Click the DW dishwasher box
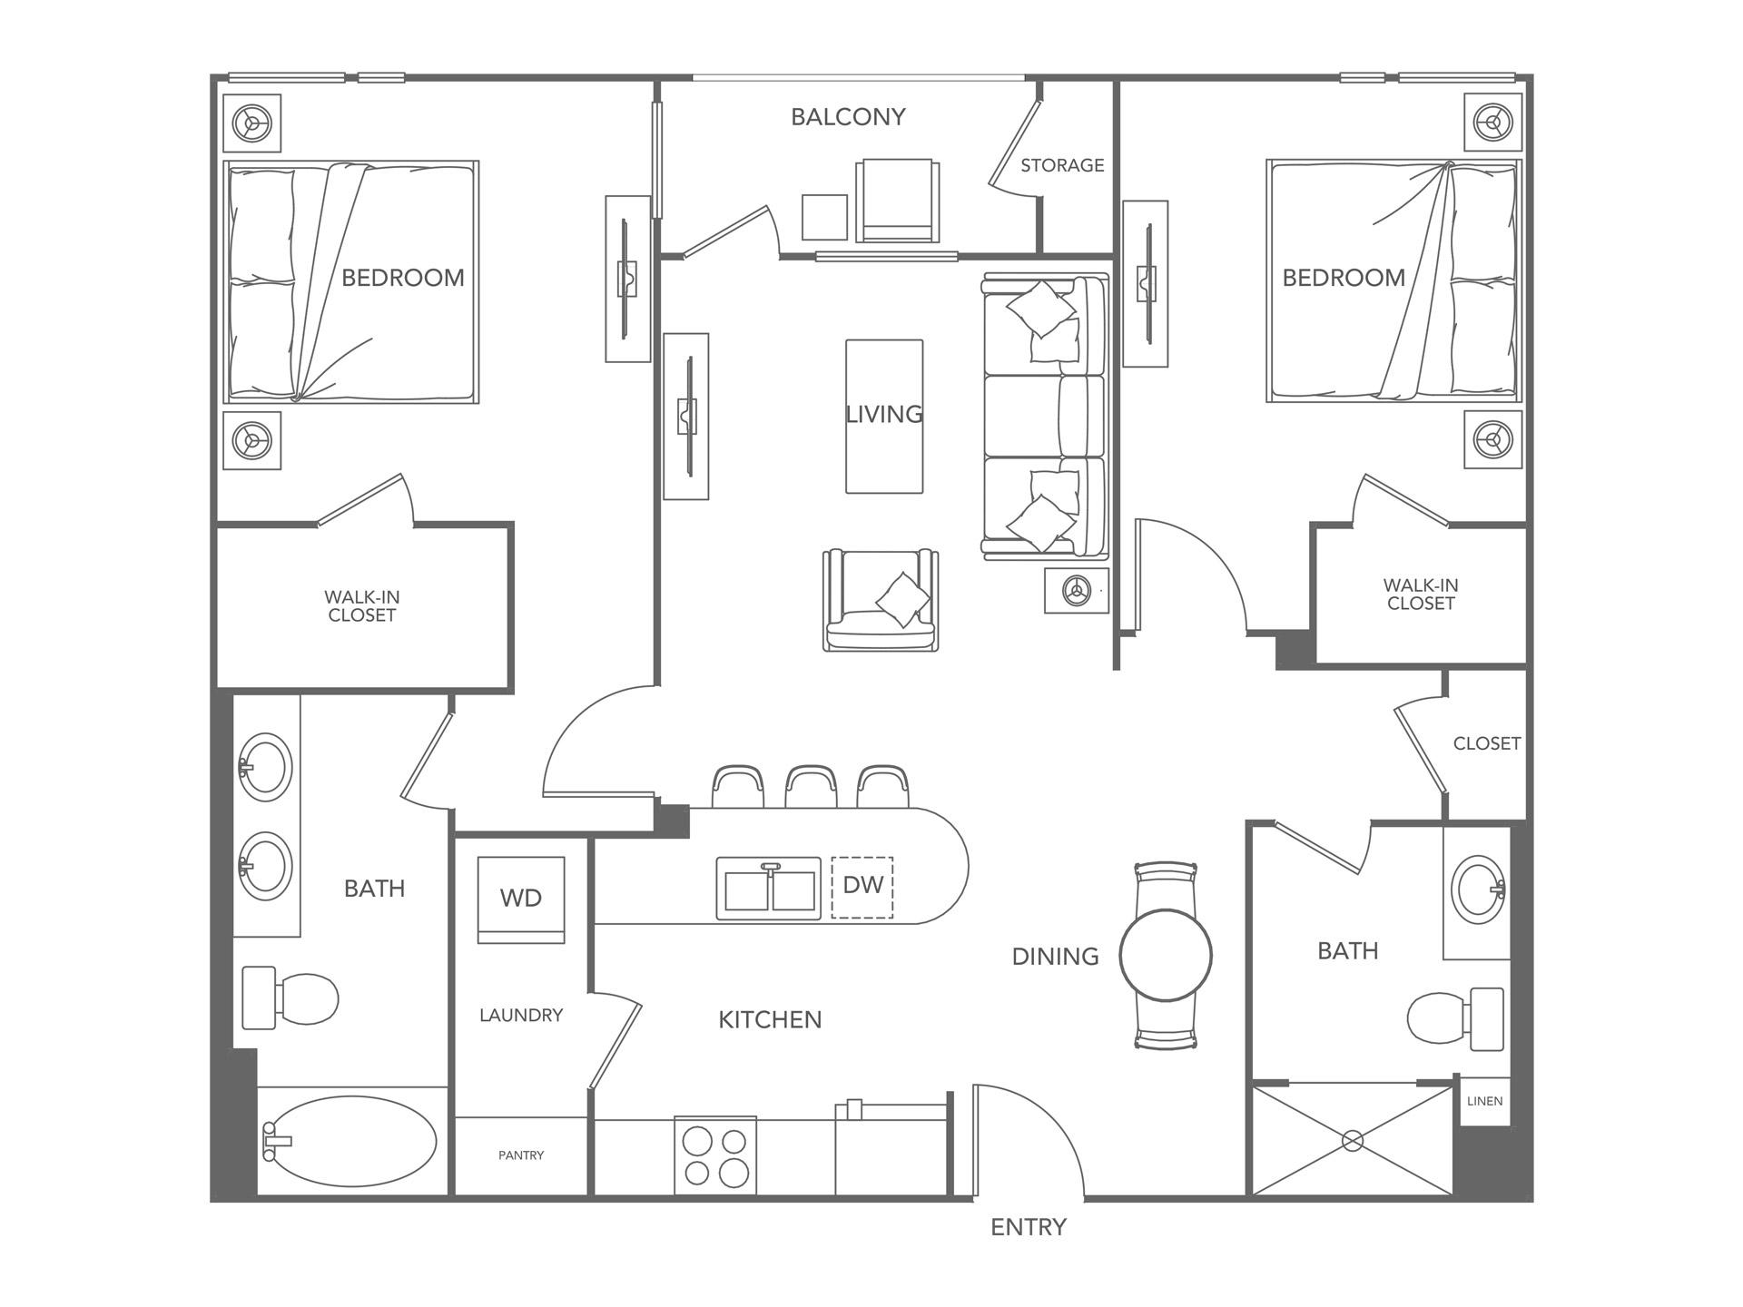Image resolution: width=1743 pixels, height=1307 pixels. coord(862,887)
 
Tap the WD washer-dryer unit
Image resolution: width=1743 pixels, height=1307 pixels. coord(521,899)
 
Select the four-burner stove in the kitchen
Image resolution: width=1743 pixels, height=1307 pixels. coord(715,1155)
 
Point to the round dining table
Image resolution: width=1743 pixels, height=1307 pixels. coord(1166,955)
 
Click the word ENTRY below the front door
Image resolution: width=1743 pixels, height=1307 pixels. coord(1028,1227)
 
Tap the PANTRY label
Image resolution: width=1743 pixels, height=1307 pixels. coord(521,1155)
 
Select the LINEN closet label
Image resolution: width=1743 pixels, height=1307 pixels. coord(1484,1101)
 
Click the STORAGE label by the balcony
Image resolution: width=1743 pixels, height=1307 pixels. coord(1062,165)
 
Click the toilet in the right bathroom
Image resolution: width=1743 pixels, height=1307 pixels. coord(1452,1019)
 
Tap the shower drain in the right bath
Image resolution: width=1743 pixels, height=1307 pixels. coord(1353,1141)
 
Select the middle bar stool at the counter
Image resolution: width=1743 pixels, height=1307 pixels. coord(811,787)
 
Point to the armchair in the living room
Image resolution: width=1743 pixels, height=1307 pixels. coord(881,601)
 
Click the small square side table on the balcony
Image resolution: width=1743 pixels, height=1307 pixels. coord(824,217)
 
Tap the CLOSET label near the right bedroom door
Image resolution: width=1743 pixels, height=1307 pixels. coord(1486,743)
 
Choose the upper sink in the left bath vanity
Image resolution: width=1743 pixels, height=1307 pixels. coord(265,767)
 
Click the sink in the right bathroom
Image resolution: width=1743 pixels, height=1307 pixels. coord(1477,889)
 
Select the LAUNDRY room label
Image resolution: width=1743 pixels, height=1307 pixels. coord(521,1015)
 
